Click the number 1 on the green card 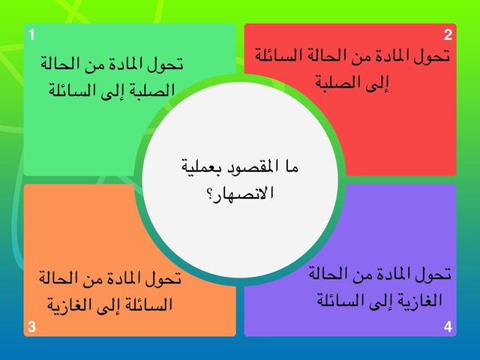coord(31,34)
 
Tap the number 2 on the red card coord(448,34)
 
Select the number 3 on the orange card coord(31,326)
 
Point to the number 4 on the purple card coord(448,326)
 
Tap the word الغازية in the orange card coord(72,305)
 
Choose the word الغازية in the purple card coord(418,301)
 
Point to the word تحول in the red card coord(433,55)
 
